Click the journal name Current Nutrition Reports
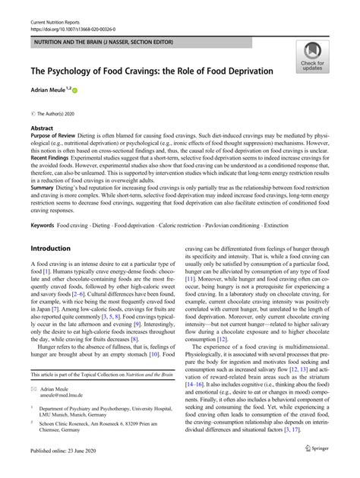pyautogui.click(x=55, y=7)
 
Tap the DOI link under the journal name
pyautogui.click(x=76, y=14)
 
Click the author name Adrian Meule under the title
pyautogui.click(x=49, y=89)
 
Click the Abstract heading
pyautogui.click(x=42, y=129)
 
